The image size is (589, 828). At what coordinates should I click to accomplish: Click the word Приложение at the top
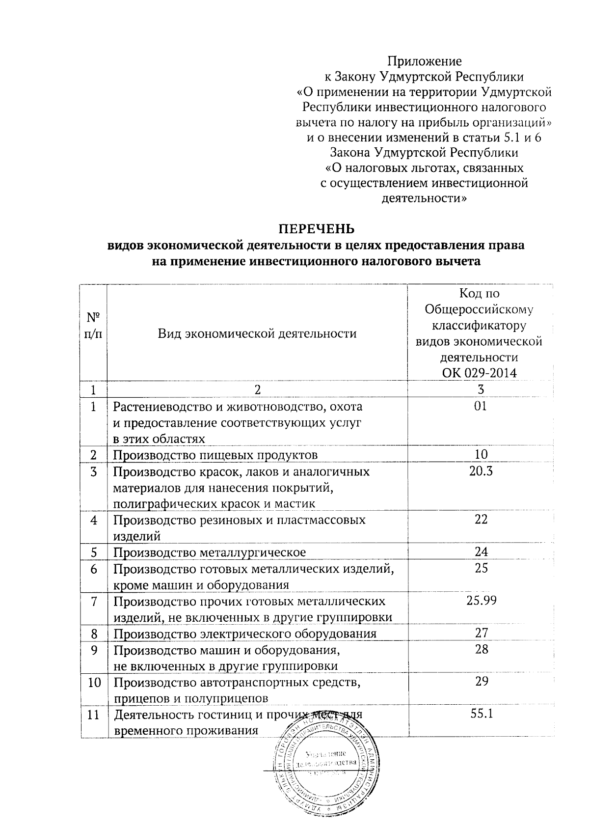click(x=425, y=61)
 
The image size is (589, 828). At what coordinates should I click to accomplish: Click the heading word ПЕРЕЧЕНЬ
click(x=316, y=229)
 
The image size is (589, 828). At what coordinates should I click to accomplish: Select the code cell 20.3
click(x=481, y=471)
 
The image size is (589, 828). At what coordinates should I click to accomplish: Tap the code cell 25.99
click(x=481, y=601)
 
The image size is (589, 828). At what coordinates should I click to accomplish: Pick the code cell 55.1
click(x=481, y=714)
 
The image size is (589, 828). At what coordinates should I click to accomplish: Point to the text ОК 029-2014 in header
click(x=480, y=373)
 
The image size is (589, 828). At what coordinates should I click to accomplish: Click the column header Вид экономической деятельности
click(x=257, y=334)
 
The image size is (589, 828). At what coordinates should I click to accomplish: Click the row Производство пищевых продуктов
click(x=215, y=455)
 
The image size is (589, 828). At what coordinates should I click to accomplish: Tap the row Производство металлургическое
click(x=210, y=552)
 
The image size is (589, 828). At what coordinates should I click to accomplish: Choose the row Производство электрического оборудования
click(x=245, y=634)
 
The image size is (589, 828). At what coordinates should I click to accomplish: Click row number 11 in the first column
click(x=93, y=715)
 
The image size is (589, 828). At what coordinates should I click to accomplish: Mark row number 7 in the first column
click(x=93, y=601)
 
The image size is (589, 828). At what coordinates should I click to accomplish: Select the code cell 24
click(x=481, y=552)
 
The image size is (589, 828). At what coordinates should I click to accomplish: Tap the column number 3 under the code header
click(x=481, y=389)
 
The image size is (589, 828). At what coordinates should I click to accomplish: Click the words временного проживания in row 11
click(x=186, y=731)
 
